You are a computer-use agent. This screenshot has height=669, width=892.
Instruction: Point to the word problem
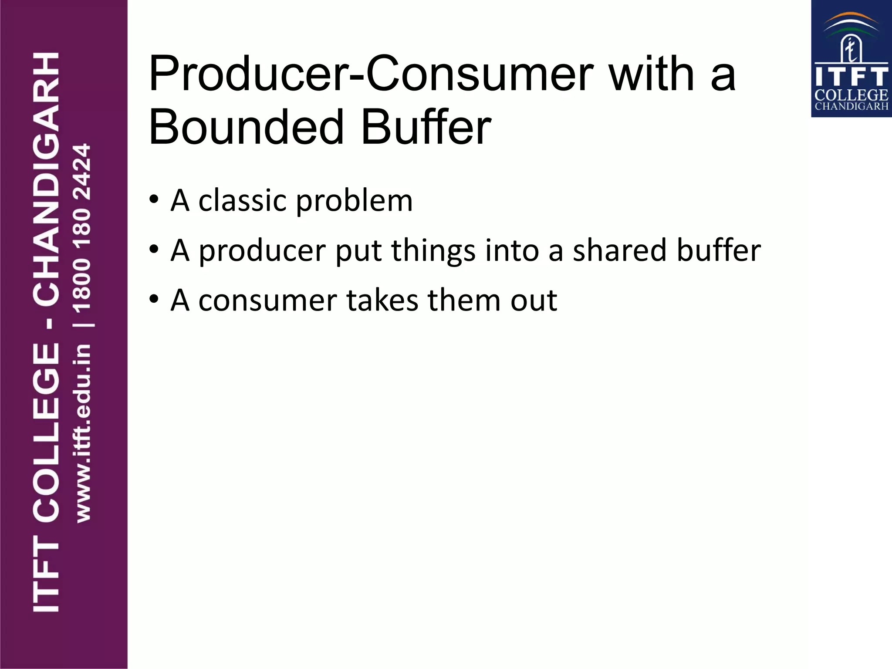click(354, 202)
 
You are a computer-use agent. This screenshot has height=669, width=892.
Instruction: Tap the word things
click(433, 251)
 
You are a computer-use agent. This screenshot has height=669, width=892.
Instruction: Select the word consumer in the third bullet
click(267, 301)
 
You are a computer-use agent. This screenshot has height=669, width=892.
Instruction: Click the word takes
click(382, 301)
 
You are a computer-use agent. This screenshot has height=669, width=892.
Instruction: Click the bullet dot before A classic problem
click(153, 200)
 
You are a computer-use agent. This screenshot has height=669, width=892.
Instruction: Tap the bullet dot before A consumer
click(153, 300)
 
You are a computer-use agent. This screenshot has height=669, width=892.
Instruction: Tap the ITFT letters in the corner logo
click(851, 77)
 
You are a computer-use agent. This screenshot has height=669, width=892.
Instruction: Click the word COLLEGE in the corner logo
click(851, 95)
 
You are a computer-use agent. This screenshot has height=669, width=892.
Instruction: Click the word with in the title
click(651, 74)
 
